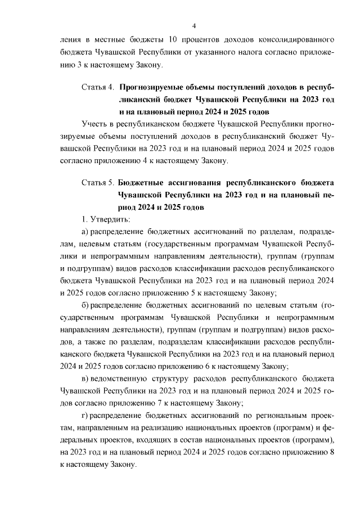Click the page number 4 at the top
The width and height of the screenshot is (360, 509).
tap(194, 26)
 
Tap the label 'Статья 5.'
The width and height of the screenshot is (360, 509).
tap(98, 183)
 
